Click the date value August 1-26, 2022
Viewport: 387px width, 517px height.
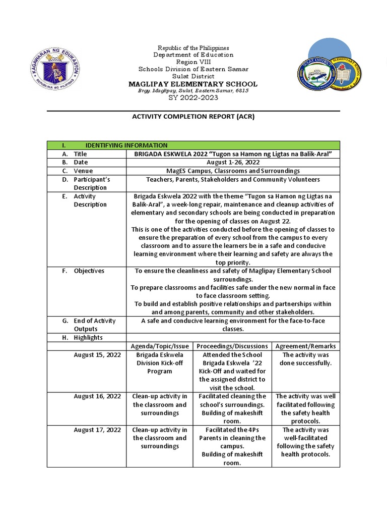(232, 163)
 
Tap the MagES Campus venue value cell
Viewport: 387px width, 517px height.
(232, 171)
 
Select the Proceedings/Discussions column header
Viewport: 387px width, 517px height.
(232, 346)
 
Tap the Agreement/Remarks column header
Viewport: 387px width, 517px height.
(306, 346)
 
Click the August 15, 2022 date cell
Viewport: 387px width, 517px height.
(97, 355)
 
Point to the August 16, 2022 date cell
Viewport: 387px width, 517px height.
(97, 396)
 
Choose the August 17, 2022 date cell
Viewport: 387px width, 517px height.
(97, 430)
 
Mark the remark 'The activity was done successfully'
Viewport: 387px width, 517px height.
(306, 359)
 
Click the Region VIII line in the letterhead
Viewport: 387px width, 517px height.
(193, 62)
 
